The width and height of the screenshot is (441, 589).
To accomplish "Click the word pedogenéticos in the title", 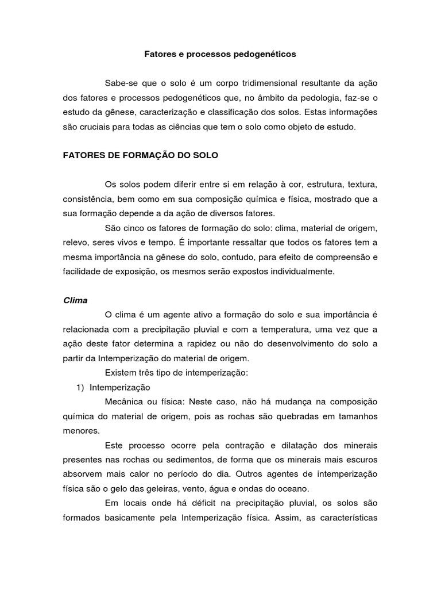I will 265,55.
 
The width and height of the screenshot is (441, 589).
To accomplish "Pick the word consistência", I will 88,200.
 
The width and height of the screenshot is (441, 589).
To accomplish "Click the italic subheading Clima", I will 75,300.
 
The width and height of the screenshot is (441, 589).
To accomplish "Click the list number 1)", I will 80,388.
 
